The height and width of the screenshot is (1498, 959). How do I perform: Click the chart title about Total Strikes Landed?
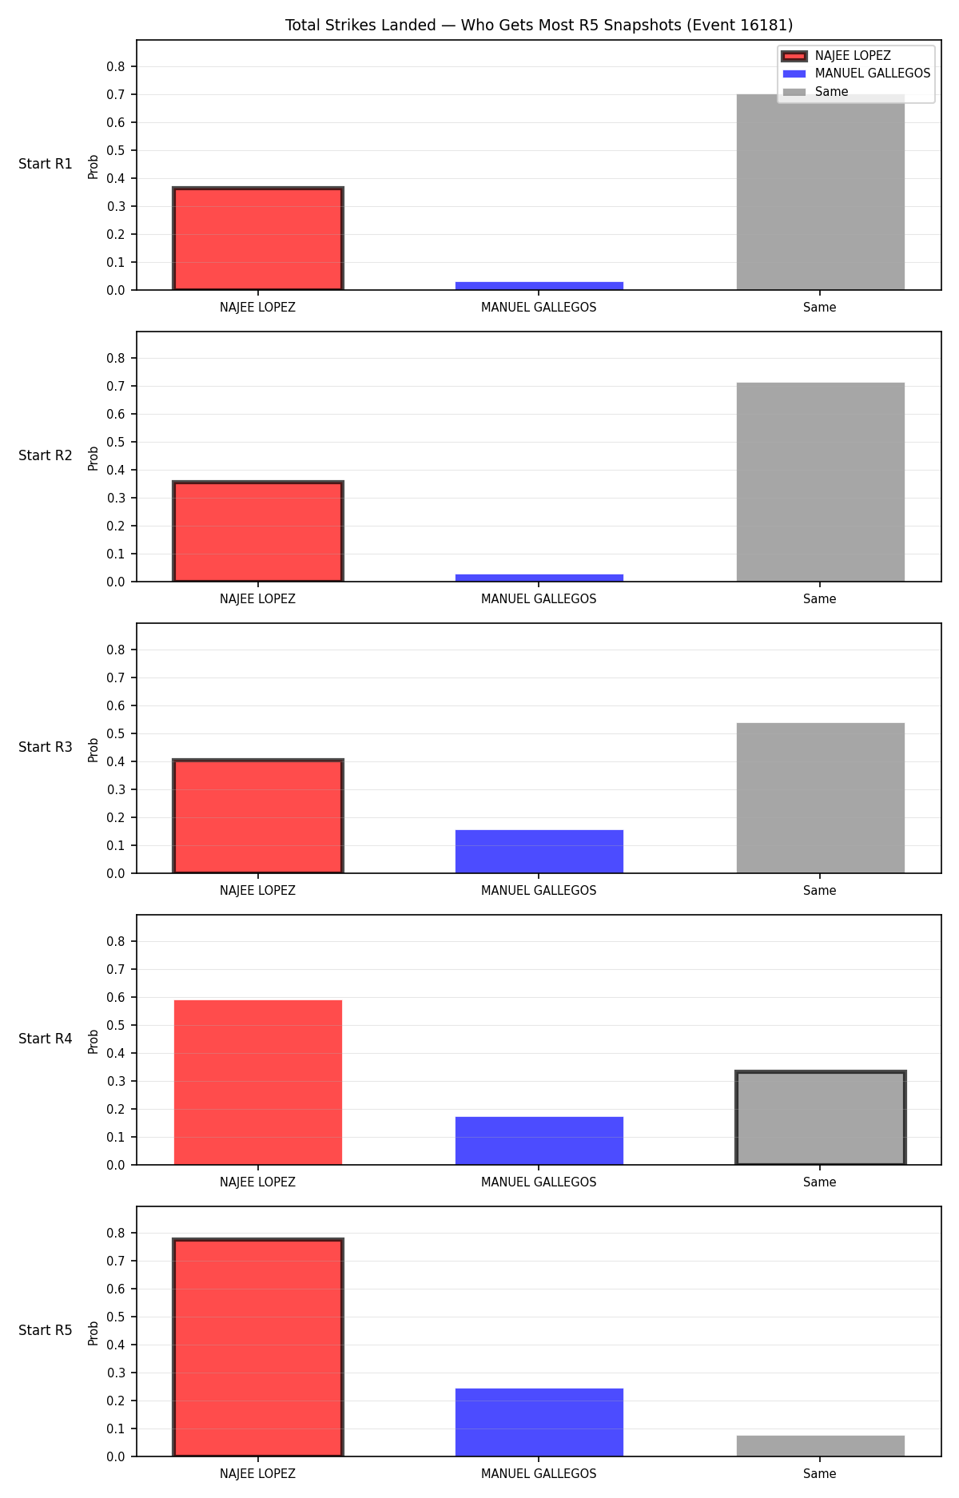539,26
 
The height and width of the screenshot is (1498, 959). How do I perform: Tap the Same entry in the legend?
816,92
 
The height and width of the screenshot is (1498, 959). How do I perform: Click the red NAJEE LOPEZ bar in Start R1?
258,239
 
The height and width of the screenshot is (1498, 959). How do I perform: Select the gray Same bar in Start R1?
820,192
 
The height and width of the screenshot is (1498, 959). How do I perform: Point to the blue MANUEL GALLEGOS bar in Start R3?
539,852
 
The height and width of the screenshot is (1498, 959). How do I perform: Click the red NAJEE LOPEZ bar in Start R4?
258,1083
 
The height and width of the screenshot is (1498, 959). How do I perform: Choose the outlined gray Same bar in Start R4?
820,1118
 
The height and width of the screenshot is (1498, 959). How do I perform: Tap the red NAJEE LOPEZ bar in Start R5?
258,1348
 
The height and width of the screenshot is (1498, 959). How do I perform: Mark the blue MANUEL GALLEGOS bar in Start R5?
539,1422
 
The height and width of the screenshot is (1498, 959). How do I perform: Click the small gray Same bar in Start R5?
820,1446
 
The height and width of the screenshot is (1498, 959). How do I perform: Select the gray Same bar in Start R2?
820,483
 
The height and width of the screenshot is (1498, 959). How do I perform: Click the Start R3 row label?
46,747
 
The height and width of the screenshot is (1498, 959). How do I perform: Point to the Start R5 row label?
46,1330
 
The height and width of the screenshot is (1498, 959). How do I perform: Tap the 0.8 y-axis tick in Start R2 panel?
117,358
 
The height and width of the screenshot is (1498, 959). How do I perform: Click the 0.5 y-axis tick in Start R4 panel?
117,1025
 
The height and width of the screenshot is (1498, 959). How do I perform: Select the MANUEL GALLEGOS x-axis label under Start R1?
539,308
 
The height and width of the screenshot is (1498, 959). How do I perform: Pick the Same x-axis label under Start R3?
820,891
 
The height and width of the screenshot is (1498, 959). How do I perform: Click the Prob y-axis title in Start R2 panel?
94,458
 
